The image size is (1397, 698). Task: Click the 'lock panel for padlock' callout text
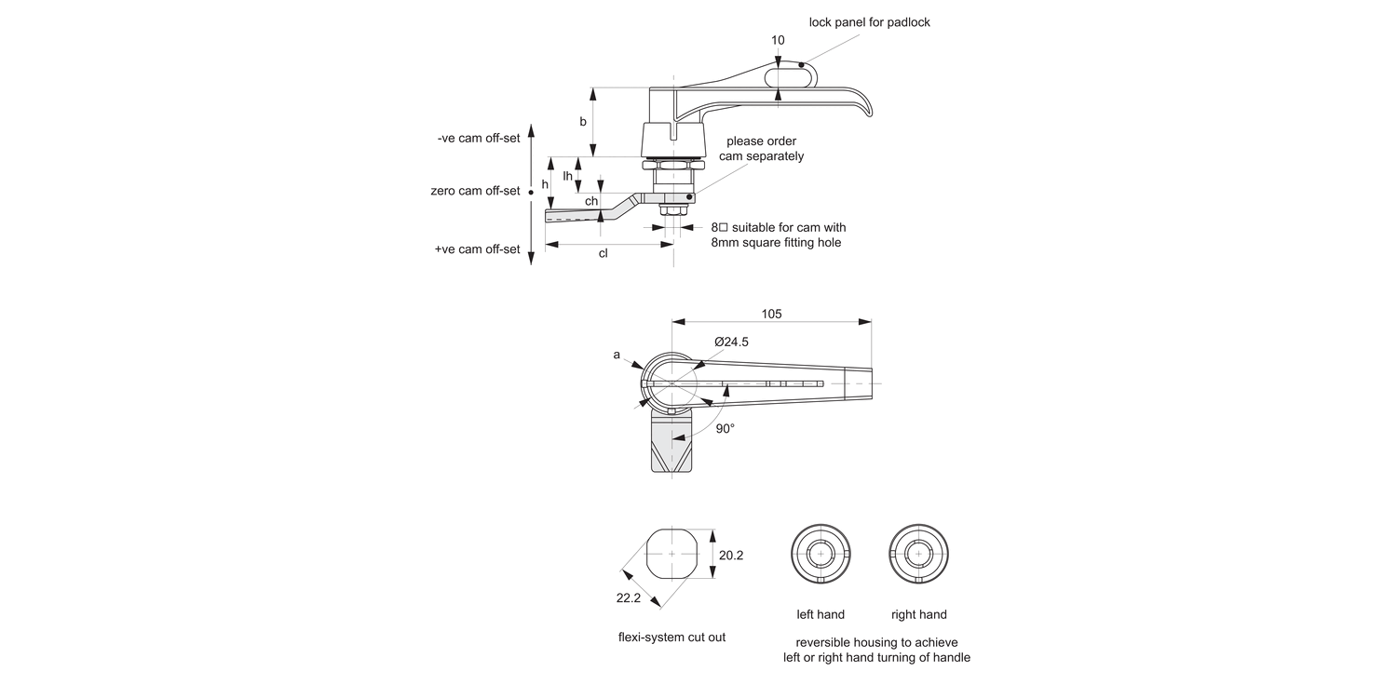pos(869,21)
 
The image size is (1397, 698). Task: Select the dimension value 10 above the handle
pos(779,40)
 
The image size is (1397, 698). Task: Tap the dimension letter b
pos(583,122)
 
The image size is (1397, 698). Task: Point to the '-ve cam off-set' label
pos(478,138)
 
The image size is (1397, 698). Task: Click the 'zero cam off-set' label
pos(475,191)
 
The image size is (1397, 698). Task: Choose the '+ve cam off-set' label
pos(477,249)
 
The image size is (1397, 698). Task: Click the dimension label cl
pos(603,254)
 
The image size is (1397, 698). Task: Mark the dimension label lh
pos(567,176)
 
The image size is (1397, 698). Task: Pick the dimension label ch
pos(591,201)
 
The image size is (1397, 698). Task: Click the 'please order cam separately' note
pos(761,149)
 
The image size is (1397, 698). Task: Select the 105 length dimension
pos(771,314)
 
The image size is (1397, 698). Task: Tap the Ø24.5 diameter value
pos(731,342)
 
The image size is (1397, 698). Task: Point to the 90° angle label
pos(725,428)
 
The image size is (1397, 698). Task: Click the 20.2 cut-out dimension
pos(731,555)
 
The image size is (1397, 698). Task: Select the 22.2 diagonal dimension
pos(629,597)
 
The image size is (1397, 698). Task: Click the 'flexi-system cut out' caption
pos(671,638)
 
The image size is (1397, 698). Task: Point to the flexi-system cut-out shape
pos(671,555)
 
